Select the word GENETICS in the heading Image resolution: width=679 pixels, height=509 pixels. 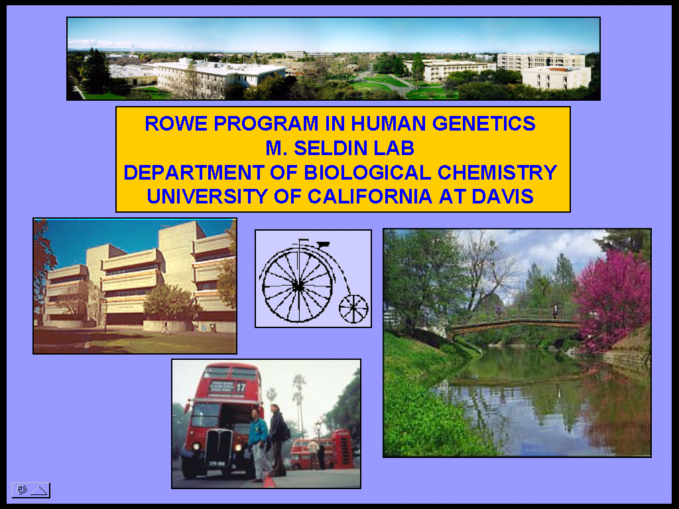[483, 123]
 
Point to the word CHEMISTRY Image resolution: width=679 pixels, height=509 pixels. [497, 172]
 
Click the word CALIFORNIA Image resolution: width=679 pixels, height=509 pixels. [369, 196]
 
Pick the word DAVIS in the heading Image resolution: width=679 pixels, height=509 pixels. [503, 196]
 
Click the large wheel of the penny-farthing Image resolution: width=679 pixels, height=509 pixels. [298, 286]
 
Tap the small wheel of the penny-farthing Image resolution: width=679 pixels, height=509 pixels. [353, 309]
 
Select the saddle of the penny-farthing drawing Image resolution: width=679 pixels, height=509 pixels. [323, 244]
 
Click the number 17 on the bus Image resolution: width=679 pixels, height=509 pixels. [241, 387]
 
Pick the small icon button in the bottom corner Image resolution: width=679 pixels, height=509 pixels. [31, 490]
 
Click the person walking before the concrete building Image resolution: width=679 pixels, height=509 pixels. [165, 327]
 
